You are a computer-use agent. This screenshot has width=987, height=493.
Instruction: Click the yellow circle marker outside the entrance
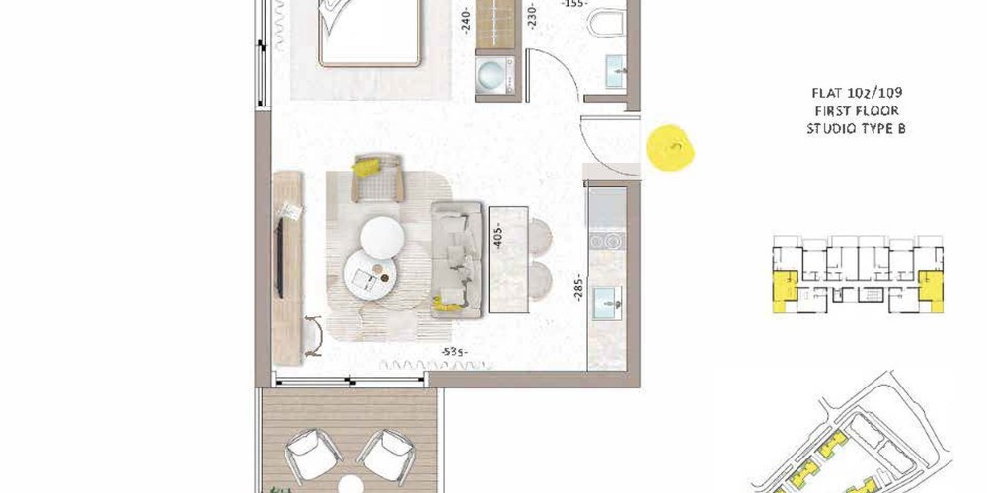point(670,148)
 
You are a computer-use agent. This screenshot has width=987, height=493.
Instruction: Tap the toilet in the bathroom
point(606,22)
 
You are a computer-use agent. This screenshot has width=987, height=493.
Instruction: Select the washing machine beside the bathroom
point(494,75)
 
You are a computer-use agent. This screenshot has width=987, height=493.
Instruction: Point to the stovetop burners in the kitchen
point(607,241)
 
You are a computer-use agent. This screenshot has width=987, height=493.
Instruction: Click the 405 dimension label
point(498,237)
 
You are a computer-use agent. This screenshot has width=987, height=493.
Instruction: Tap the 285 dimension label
point(578,287)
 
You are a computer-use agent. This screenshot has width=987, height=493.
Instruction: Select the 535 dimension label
point(454,352)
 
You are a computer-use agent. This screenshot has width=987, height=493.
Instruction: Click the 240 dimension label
point(467,20)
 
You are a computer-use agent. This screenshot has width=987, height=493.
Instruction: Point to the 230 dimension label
point(532,17)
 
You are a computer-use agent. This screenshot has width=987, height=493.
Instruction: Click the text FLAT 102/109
point(856,94)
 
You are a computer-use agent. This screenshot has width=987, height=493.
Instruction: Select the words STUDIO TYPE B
point(856,129)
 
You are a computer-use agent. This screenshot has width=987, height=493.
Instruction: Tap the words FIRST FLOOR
point(856,111)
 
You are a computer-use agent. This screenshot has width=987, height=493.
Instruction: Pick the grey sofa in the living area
point(456,258)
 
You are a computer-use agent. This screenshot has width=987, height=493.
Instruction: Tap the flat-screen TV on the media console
point(279,257)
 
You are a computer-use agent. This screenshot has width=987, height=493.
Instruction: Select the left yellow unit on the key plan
point(785,291)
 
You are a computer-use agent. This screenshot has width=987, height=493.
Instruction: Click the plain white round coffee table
point(382,236)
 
